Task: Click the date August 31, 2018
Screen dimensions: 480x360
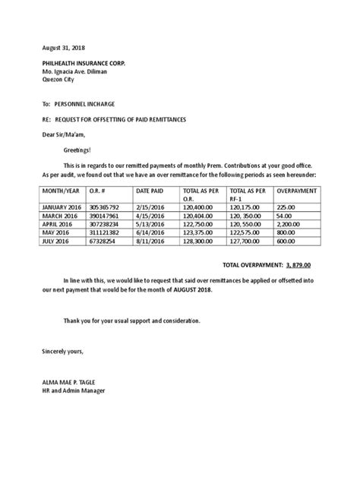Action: coord(62,46)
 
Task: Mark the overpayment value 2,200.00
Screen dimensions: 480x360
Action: coord(291,225)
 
